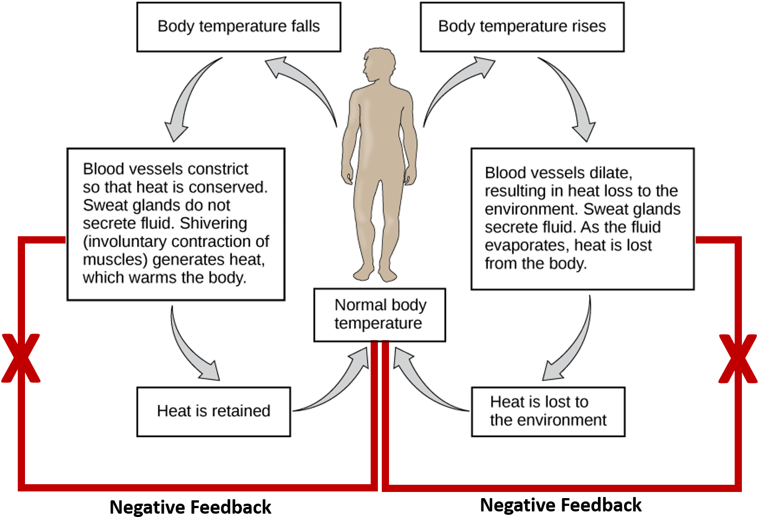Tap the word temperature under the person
click(378, 323)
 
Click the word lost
click(638, 245)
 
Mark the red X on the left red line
click(21, 359)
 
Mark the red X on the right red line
click(738, 359)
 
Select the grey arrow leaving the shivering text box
click(191, 347)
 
